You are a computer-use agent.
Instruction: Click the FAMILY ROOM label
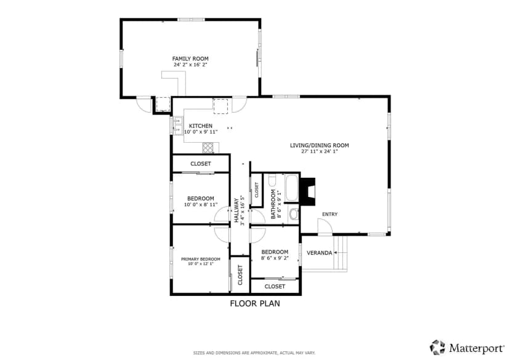tap(190, 59)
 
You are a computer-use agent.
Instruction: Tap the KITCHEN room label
tap(201, 126)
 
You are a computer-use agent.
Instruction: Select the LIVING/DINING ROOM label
tap(320, 145)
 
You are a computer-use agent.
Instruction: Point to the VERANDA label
tap(320, 253)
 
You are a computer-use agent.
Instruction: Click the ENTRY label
tap(330, 214)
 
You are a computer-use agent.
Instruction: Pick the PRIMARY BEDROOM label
tap(201, 259)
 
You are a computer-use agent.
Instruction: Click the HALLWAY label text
tap(236, 210)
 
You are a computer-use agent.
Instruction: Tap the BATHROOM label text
tap(273, 204)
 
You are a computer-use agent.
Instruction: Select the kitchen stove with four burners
tap(208, 148)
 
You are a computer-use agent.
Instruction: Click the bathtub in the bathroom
tap(291, 188)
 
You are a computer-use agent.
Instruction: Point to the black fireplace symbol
tap(308, 191)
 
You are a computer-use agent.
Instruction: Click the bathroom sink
tap(294, 214)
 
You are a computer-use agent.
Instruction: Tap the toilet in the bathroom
tap(273, 180)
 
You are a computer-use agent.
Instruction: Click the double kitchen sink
tap(177, 126)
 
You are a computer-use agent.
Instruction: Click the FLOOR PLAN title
tap(255, 303)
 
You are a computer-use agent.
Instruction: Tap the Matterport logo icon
tap(437, 347)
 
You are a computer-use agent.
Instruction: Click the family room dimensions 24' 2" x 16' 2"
tap(190, 65)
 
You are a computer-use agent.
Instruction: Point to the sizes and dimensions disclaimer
tap(254, 353)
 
